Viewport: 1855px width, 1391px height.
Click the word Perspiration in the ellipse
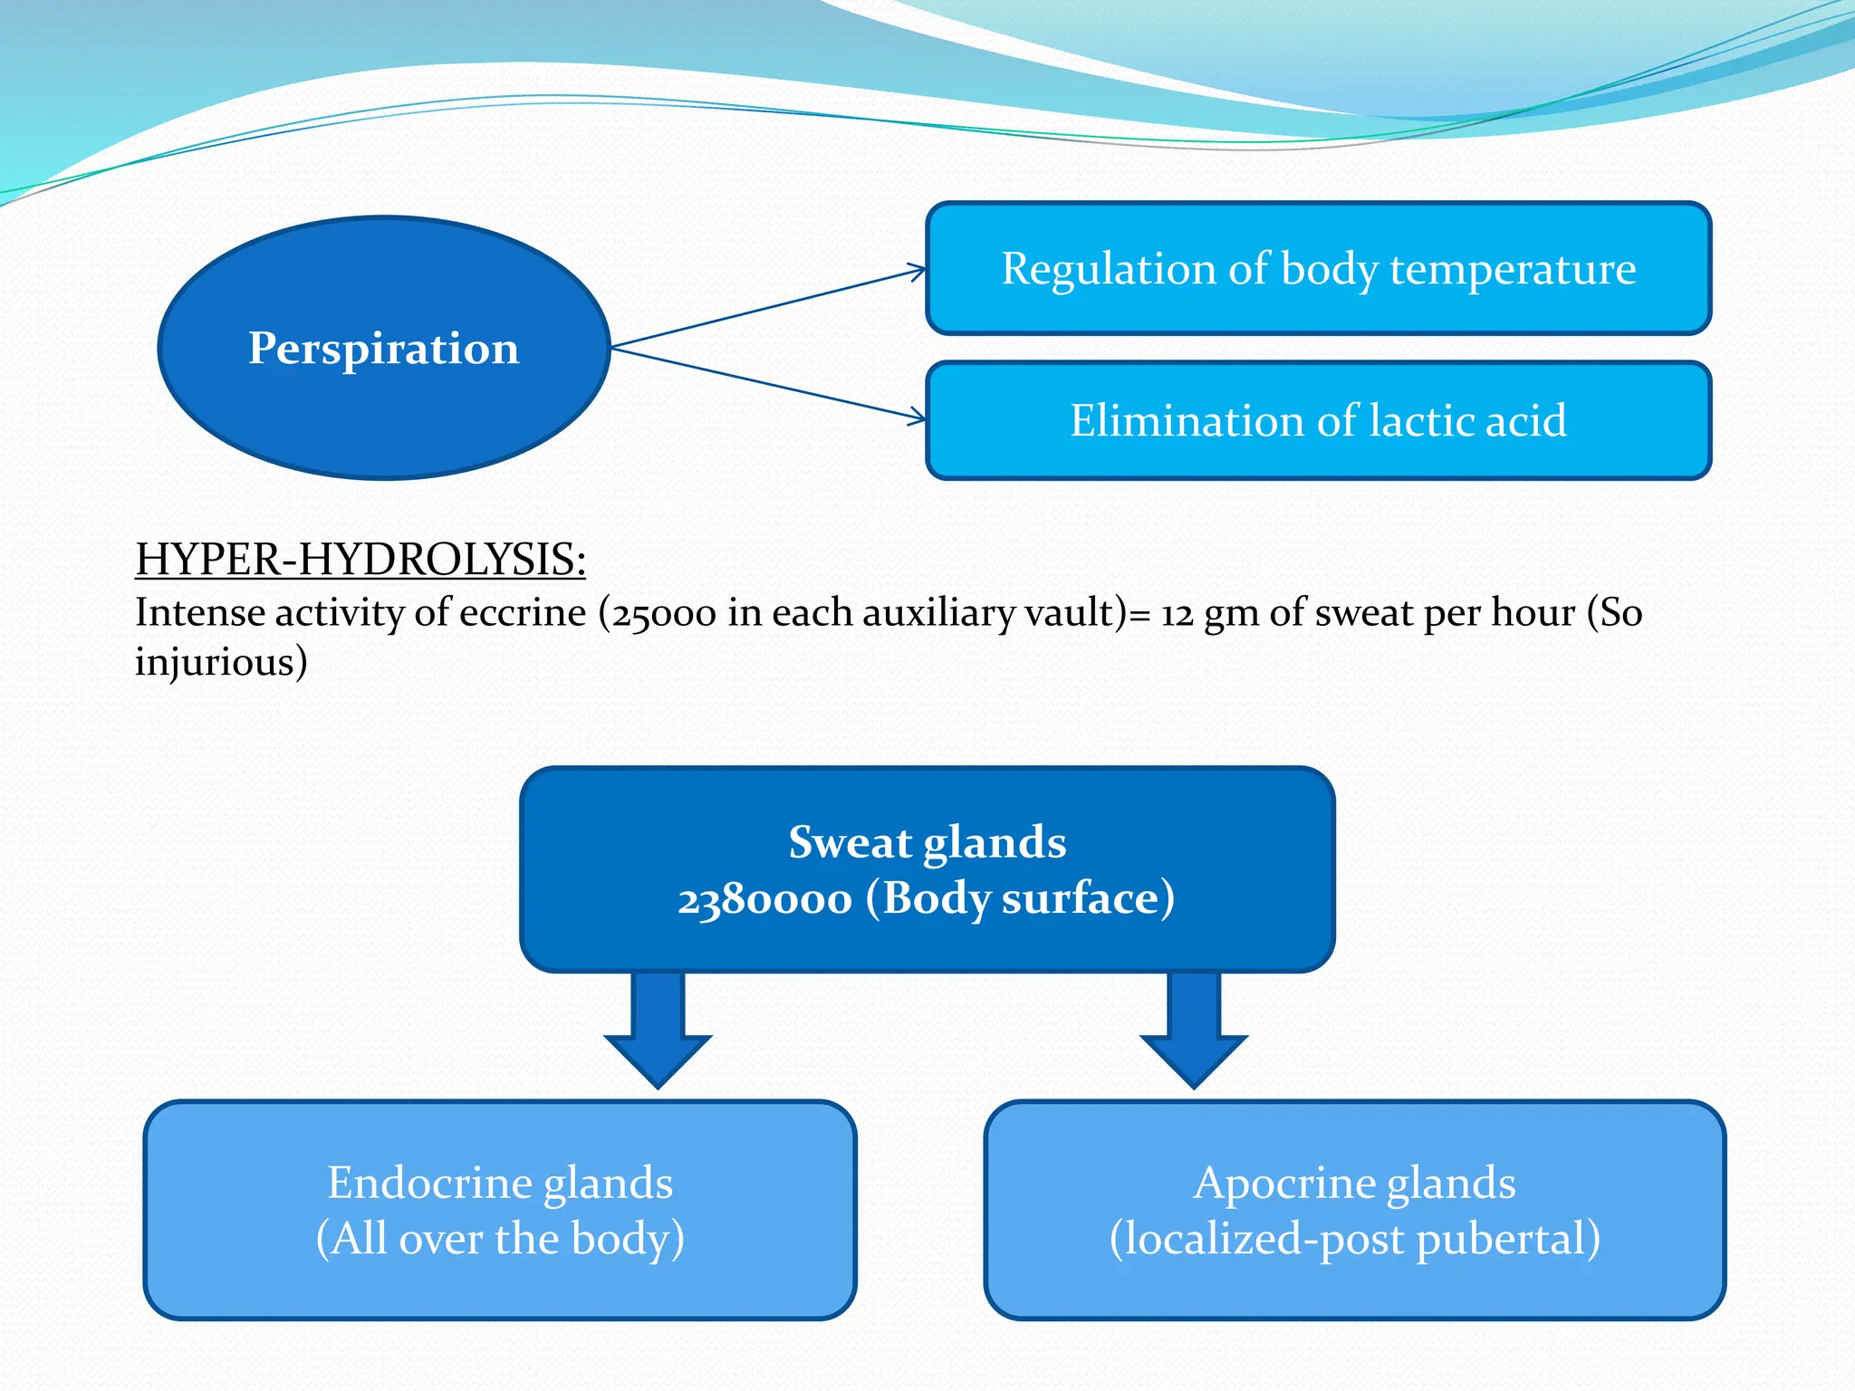383,349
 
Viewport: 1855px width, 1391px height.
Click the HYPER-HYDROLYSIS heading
360,559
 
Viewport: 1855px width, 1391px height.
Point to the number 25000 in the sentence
664,614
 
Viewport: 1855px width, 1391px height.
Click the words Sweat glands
927,842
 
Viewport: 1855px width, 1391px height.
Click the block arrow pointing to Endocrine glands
658,1032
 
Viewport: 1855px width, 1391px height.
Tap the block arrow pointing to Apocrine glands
1194,1032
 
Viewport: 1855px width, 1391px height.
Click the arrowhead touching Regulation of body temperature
918,270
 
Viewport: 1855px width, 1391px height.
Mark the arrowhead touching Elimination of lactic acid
918,417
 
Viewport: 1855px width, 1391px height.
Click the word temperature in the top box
1513,269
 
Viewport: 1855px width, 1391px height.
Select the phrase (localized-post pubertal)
1354,1239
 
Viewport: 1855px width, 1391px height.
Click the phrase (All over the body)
500,1239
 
